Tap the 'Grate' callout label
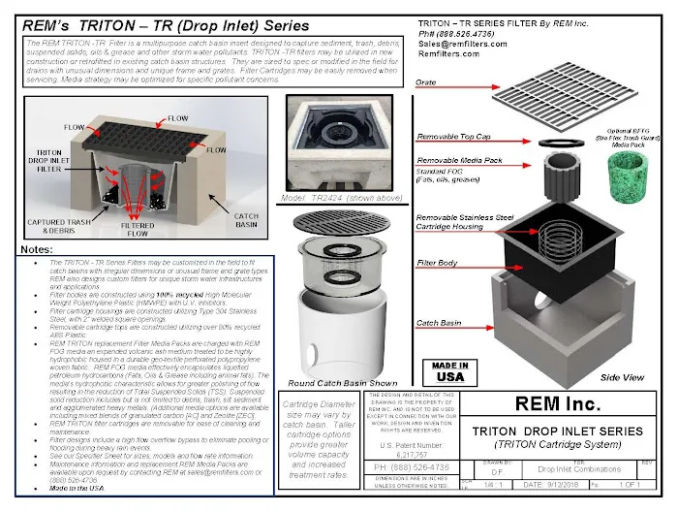coord(427,83)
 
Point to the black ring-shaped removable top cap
coord(560,141)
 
